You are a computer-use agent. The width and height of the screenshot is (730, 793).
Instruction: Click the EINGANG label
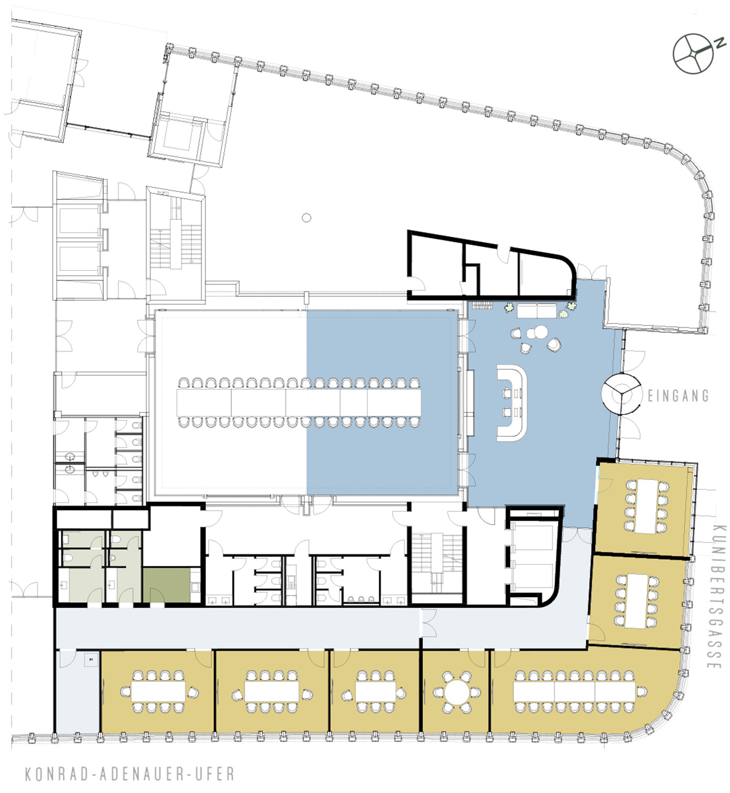click(x=678, y=395)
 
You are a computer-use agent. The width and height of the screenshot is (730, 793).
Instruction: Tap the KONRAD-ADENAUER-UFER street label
click(x=130, y=774)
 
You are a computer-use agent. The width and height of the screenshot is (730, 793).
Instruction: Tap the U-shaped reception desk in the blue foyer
click(x=512, y=403)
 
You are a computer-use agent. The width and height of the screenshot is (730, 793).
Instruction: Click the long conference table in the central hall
click(x=299, y=402)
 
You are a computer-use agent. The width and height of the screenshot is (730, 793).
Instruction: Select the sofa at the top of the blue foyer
click(x=537, y=311)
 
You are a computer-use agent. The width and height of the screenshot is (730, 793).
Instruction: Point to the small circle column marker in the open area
click(x=306, y=218)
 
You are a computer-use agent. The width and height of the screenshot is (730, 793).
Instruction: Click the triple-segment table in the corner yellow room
click(x=574, y=692)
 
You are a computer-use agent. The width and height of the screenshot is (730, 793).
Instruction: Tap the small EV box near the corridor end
click(x=91, y=659)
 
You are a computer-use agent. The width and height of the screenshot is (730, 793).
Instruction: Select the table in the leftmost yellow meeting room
click(x=158, y=692)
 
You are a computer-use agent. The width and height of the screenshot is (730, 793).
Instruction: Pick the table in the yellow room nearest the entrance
click(x=647, y=506)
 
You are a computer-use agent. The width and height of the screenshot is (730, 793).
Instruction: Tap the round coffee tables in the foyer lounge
click(x=537, y=333)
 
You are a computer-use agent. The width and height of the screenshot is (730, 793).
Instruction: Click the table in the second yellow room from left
click(x=272, y=692)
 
